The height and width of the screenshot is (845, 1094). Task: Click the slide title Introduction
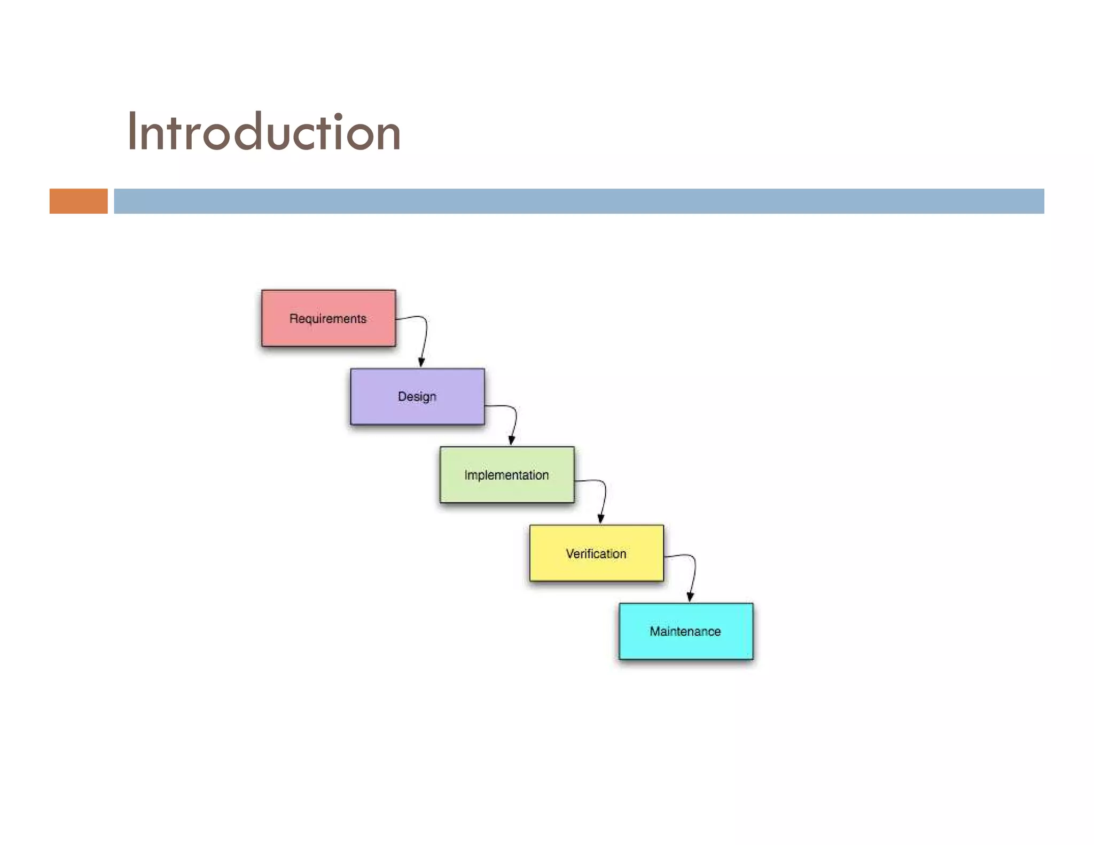coord(263,132)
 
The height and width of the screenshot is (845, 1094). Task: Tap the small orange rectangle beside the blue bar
coord(79,201)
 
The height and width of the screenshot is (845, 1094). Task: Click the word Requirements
coord(328,319)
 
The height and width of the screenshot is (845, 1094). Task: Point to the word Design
coord(417,397)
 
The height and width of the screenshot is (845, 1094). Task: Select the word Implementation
coord(506,475)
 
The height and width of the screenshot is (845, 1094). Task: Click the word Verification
coord(596,554)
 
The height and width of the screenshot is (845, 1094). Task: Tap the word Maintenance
coord(685,631)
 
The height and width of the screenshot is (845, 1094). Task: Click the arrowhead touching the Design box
coord(421,363)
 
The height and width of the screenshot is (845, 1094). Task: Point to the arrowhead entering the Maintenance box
coord(690,597)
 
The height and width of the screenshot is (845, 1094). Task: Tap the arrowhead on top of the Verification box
coord(601,519)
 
